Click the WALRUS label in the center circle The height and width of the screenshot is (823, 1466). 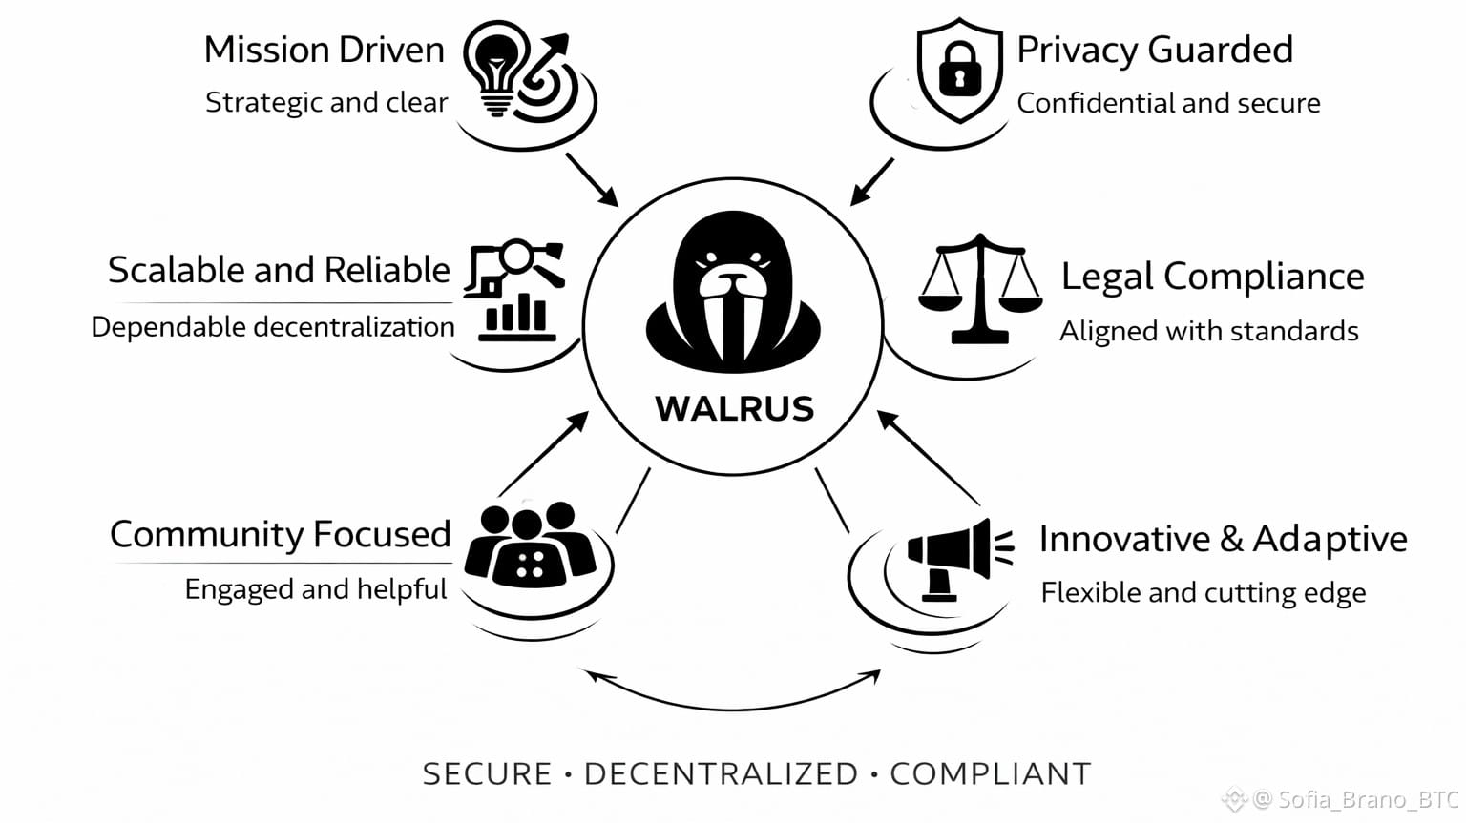tap(734, 408)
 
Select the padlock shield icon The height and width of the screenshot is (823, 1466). tap(958, 71)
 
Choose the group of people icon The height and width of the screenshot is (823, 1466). tap(531, 544)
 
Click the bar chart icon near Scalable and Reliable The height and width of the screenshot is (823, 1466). tap(516, 315)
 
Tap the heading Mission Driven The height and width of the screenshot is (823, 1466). tap(325, 50)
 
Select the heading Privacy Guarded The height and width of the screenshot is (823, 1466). tap(1154, 50)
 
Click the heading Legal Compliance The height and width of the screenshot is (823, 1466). tap(1212, 276)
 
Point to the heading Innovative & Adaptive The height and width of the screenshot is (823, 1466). tap(1223, 539)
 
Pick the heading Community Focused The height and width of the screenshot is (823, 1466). tap(280, 534)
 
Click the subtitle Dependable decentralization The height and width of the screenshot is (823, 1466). tap(273, 327)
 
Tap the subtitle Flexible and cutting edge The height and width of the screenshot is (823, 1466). tap(1203, 592)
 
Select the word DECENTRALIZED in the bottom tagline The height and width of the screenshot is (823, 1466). tap(721, 773)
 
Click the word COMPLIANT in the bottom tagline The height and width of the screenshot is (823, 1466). tap(990, 773)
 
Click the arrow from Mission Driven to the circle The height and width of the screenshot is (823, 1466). tap(592, 179)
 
